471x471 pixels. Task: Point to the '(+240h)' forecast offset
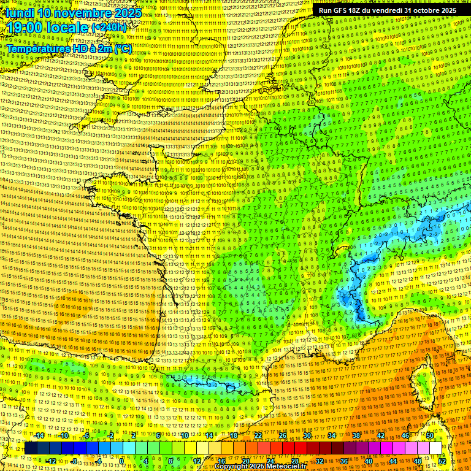coord(109,28)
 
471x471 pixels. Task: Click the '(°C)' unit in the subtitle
coord(122,48)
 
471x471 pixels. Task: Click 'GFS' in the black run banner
coord(347,10)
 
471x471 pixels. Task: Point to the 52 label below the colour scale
coord(442,461)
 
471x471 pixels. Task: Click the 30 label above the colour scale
coord(307,435)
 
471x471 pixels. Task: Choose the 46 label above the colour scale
coord(405,435)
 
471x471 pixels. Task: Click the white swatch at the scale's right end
coord(435,448)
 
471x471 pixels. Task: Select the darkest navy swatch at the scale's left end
coord(31,448)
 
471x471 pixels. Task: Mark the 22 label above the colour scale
coord(258,435)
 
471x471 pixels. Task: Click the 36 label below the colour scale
coord(343,461)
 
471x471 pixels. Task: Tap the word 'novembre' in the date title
coord(83,13)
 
